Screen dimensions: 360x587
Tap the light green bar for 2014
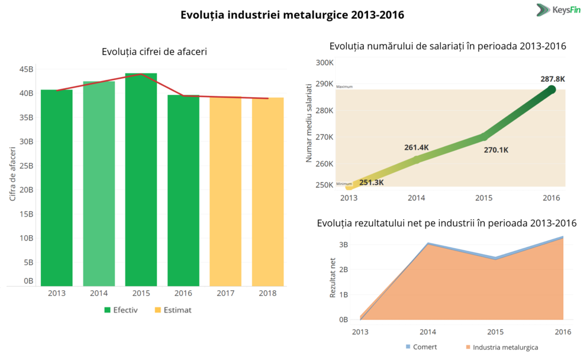99,184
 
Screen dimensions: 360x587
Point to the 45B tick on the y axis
27,69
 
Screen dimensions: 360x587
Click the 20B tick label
27,190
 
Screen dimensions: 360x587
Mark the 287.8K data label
553,79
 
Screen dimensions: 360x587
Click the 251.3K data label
371,182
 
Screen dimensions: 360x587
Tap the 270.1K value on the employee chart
496,150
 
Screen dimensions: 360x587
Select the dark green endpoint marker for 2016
551,89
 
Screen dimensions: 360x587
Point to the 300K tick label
325,62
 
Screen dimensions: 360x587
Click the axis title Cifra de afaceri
12,176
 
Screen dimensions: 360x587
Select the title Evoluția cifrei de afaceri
154,52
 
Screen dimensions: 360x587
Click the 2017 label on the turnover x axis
225,293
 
